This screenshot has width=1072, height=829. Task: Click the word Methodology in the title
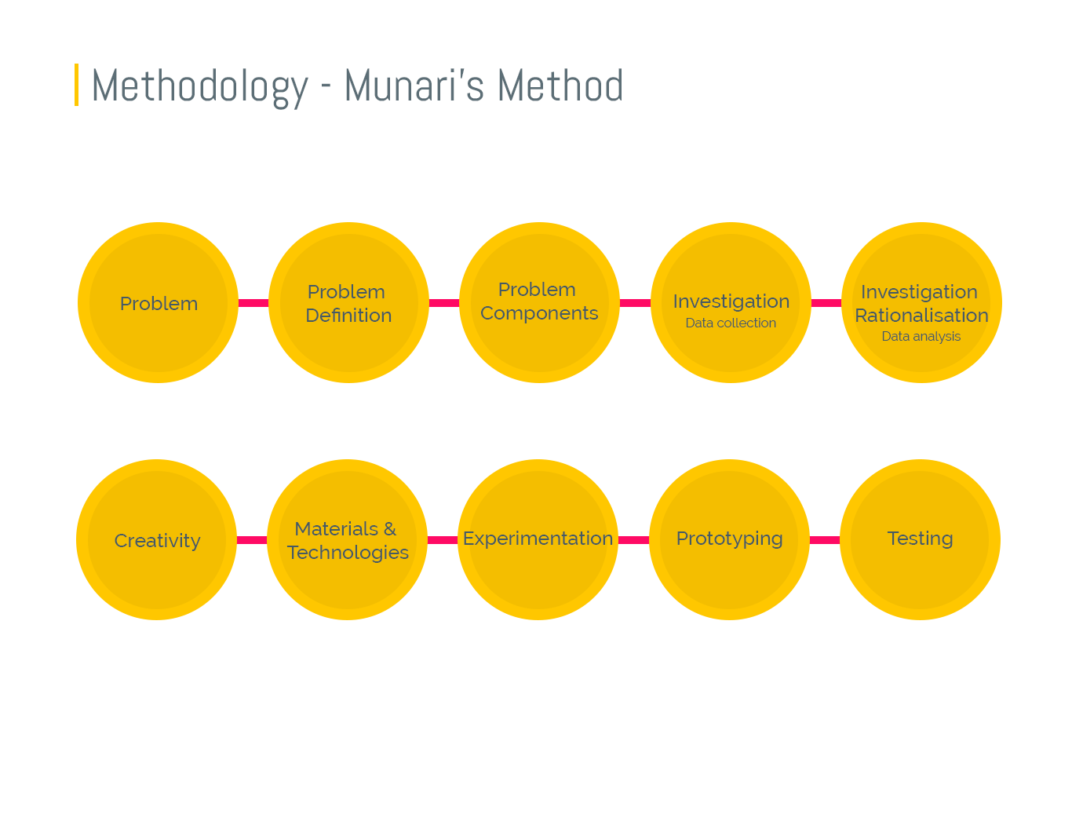point(199,86)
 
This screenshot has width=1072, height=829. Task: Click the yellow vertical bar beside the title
point(76,85)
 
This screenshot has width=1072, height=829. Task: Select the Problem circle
point(158,303)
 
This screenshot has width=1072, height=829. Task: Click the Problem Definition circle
point(348,303)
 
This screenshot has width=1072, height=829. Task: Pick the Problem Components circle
point(539,303)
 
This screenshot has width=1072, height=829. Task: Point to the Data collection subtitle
point(731,323)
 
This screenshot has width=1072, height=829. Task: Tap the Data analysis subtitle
point(921,336)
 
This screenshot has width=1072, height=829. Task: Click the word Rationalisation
point(921,316)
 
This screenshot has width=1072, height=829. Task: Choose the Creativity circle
point(157,540)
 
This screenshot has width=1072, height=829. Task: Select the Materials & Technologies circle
point(348,540)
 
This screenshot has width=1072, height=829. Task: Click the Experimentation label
point(538,539)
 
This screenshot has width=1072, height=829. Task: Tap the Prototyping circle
point(729,539)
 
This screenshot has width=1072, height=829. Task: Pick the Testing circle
point(920,539)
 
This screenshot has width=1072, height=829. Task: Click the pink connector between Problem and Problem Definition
point(253,303)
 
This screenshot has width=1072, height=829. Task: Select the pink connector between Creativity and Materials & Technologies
point(251,540)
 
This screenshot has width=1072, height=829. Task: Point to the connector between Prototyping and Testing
point(824,540)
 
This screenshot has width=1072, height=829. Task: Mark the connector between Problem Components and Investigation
point(635,303)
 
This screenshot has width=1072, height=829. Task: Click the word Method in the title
point(560,86)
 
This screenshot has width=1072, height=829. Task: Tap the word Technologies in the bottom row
point(348,553)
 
